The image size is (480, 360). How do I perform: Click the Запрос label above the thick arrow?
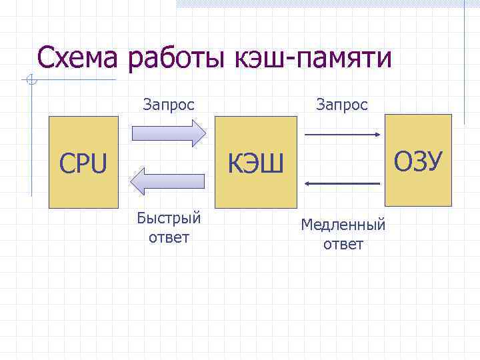pyautogui.click(x=169, y=105)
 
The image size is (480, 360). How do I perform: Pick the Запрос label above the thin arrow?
pyautogui.click(x=342, y=105)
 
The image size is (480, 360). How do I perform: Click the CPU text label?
pyautogui.click(x=83, y=164)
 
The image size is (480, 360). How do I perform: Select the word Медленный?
pyautogui.click(x=343, y=225)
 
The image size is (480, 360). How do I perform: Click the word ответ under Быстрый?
pyautogui.click(x=169, y=237)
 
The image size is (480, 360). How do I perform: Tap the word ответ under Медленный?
pyautogui.click(x=343, y=244)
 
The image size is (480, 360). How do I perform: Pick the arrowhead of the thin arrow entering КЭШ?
pyautogui.click(x=308, y=182)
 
